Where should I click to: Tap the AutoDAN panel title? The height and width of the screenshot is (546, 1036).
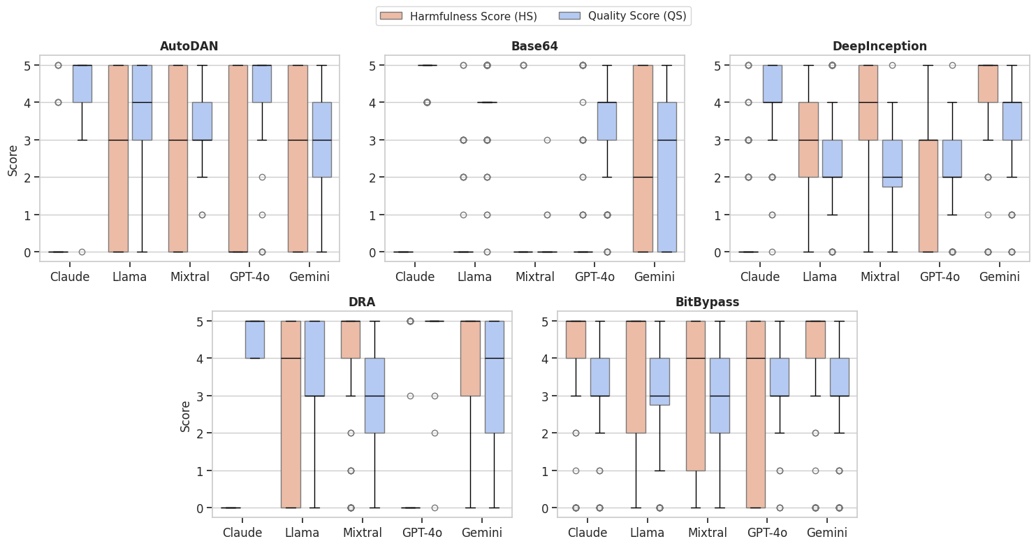[189, 46]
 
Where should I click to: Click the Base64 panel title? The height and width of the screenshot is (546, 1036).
[534, 46]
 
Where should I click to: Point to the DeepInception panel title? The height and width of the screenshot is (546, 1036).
[880, 46]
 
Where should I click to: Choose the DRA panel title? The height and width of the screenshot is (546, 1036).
[362, 303]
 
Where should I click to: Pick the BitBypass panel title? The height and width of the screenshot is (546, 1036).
[707, 303]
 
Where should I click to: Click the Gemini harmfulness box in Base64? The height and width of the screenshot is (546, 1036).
[643, 158]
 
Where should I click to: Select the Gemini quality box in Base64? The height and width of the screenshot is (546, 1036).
[666, 177]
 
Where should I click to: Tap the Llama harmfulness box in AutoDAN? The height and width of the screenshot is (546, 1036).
[118, 158]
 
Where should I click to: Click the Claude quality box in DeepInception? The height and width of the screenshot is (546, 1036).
[772, 84]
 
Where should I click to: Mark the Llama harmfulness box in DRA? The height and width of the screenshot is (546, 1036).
[291, 415]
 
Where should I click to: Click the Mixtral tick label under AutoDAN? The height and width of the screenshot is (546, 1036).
[189, 277]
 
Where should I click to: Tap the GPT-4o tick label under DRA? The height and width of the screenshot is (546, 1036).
[422, 533]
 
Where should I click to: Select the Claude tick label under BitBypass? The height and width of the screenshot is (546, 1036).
[588, 533]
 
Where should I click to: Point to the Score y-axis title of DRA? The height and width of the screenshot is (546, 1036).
[185, 415]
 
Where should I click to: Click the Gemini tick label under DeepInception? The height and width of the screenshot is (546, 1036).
[1000, 277]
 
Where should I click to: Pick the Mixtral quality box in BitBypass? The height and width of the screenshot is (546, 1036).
[720, 396]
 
